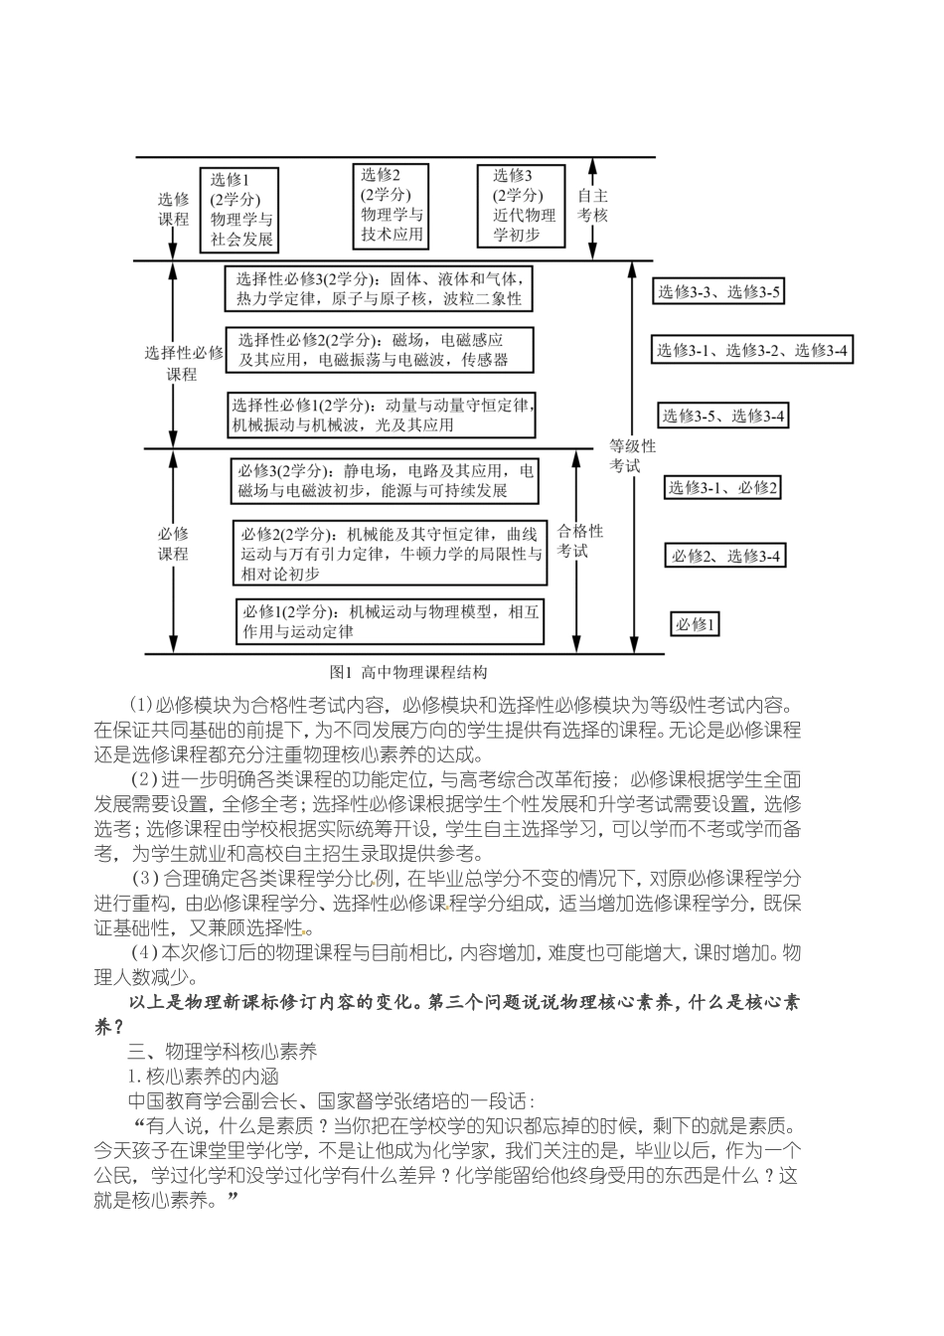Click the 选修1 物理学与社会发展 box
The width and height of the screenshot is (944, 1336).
242,209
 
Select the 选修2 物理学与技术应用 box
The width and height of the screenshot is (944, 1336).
393,205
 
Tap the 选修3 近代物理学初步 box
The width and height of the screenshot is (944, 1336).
521,206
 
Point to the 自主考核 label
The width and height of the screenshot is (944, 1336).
593,205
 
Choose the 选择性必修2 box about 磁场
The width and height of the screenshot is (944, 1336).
379,350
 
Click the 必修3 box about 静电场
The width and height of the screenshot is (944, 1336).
387,480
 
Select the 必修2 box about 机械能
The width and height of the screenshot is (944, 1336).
391,554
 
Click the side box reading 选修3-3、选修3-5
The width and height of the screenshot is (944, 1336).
718,291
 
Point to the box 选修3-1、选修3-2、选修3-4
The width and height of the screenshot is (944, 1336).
751,350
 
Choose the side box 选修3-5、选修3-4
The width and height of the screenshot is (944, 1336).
723,416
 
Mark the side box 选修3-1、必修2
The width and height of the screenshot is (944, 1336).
723,487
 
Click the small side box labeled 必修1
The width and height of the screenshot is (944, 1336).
695,624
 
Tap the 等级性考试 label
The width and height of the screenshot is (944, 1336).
633,455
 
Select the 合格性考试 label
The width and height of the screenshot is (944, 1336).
579,541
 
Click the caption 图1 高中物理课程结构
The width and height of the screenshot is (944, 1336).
408,672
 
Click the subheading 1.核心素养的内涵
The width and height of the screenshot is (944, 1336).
203,1076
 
